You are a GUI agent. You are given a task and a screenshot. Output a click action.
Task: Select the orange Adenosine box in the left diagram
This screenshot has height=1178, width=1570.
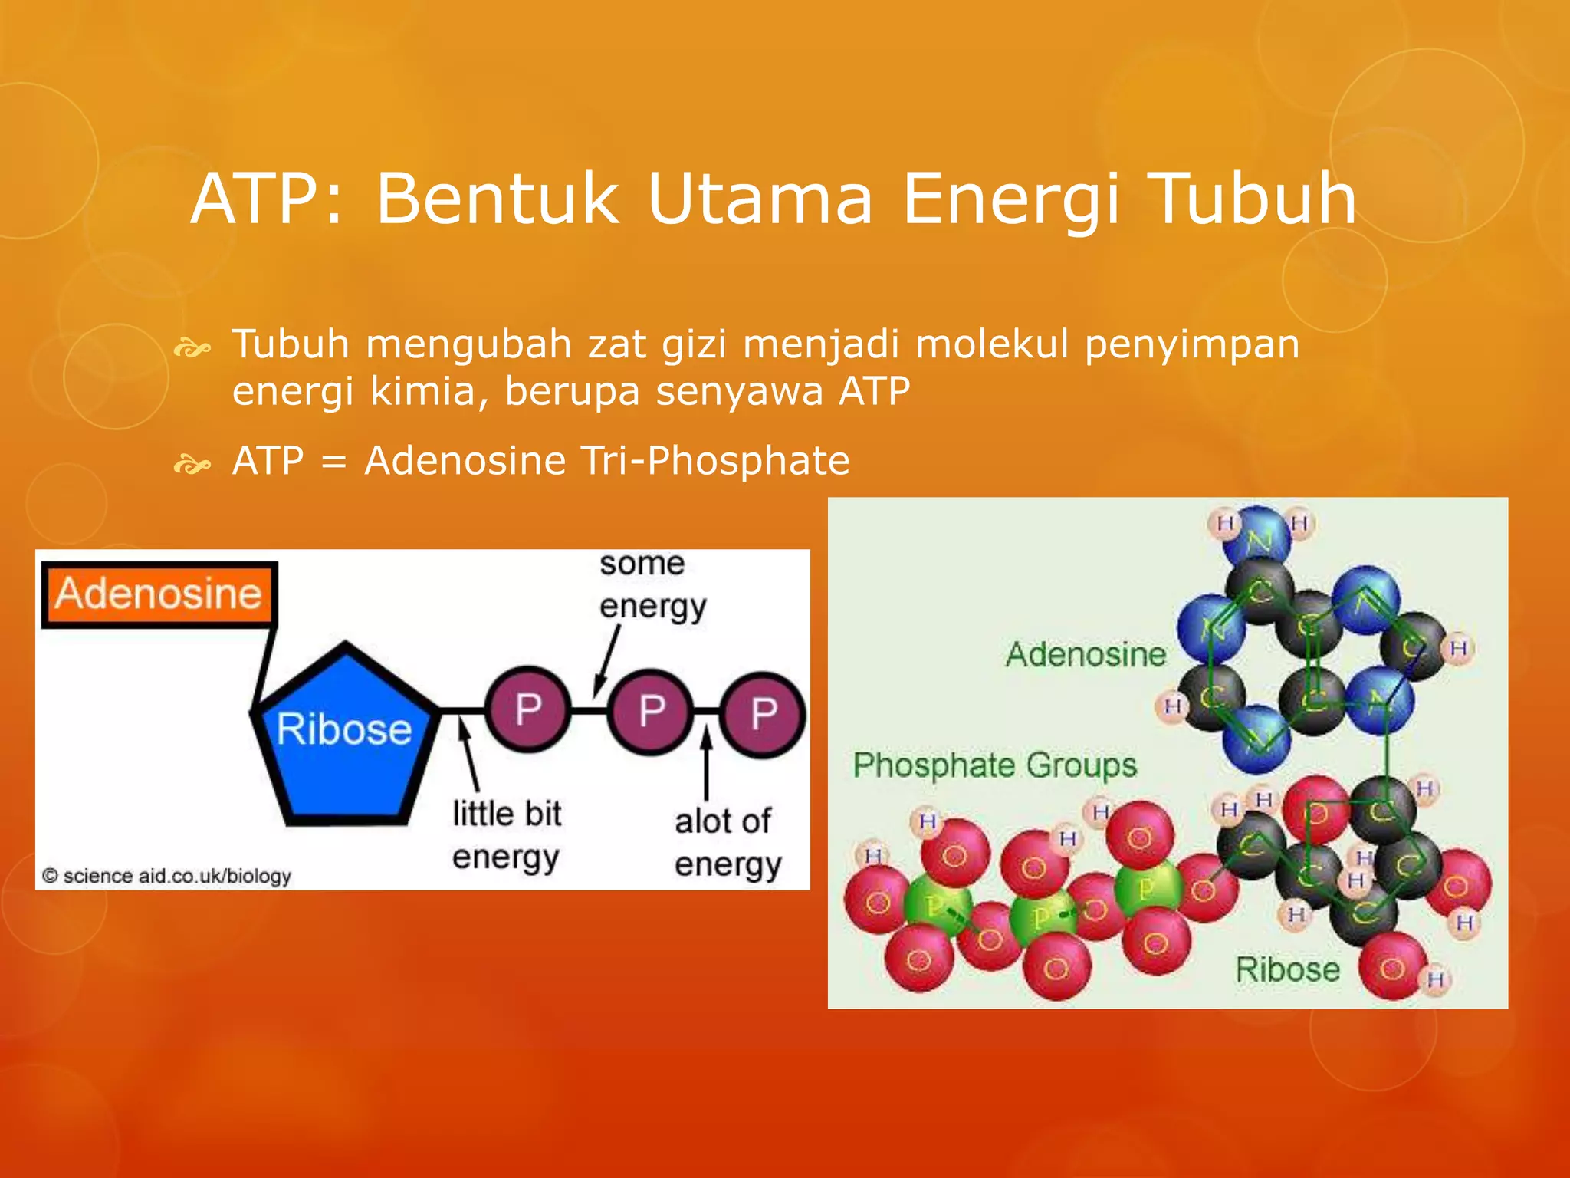click(159, 594)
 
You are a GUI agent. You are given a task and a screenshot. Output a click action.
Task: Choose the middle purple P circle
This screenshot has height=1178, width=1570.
click(651, 711)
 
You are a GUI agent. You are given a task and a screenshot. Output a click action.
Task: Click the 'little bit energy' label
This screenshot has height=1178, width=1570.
click(506, 835)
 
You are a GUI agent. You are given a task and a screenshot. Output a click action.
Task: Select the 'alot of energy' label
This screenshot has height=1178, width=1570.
click(726, 842)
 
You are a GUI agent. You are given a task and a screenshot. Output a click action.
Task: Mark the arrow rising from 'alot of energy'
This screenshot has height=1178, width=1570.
click(706, 762)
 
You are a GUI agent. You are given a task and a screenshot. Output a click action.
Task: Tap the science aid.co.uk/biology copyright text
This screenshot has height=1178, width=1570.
click(167, 876)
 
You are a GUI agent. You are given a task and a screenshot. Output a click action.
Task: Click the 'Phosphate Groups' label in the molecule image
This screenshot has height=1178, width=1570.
click(994, 765)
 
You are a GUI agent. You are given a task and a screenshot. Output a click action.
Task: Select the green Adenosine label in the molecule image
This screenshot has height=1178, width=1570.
click(1086, 654)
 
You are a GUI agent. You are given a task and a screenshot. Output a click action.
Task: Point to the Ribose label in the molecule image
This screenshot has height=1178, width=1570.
click(1287, 969)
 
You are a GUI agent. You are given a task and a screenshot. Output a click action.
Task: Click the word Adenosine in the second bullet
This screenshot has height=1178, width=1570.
click(465, 461)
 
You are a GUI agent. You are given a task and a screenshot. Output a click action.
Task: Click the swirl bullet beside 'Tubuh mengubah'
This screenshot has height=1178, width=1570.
click(192, 350)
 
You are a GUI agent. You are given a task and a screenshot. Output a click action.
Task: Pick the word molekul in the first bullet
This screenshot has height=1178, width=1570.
click(992, 344)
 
